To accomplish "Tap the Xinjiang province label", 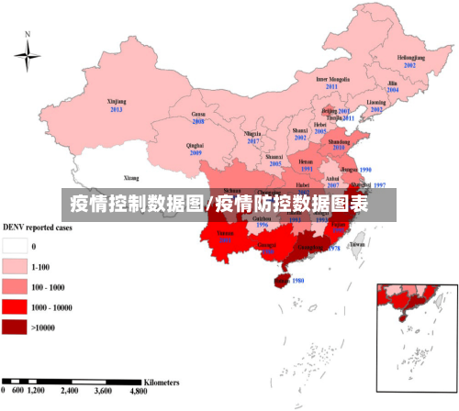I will pyautogui.click(x=116, y=102).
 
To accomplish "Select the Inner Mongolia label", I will pyautogui.click(x=333, y=79).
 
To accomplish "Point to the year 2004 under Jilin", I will pyautogui.click(x=393, y=90).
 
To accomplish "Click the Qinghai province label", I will pyautogui.click(x=195, y=145).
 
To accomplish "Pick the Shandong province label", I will pyautogui.click(x=339, y=143).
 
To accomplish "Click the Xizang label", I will pyautogui.click(x=131, y=177).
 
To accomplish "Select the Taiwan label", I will pyautogui.click(x=358, y=245).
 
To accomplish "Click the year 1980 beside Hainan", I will pyautogui.click(x=297, y=282).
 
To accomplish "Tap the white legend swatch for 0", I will pyautogui.click(x=16, y=246).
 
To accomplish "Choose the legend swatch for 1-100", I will pyautogui.click(x=16, y=266).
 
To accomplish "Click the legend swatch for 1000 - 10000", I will pyautogui.click(x=16, y=306).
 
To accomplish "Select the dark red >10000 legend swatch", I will pyautogui.click(x=16, y=327).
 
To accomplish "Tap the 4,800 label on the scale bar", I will pyautogui.click(x=138, y=391).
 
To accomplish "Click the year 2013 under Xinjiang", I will pyautogui.click(x=116, y=109).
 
